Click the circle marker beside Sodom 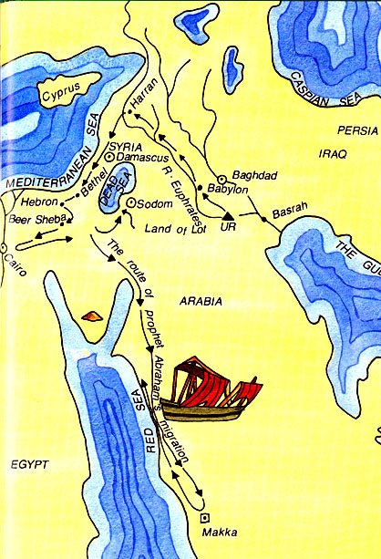130,202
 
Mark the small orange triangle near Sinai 91,316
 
